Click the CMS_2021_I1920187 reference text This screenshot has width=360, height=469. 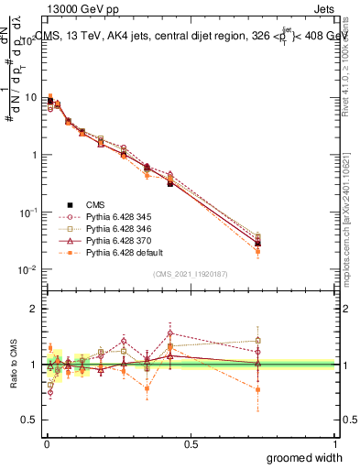point(191,274)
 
